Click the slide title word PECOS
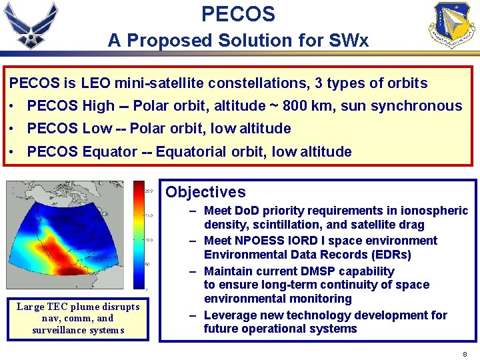(x=238, y=13)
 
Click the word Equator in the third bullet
(x=110, y=151)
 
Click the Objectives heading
(x=205, y=192)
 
